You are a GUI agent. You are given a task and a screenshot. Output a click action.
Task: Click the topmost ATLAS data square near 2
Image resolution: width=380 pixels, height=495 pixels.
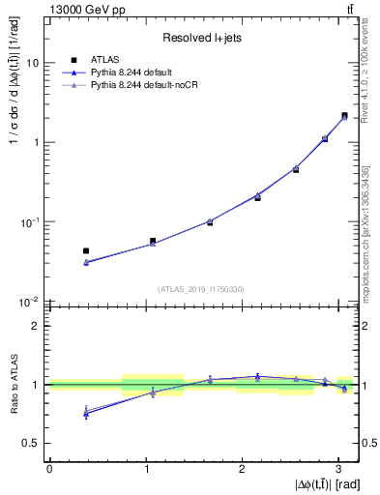[344, 116]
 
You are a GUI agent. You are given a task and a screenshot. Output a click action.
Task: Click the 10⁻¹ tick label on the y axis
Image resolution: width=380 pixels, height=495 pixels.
[30, 222]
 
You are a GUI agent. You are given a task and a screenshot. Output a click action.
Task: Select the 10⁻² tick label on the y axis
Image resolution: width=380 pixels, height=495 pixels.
[30, 302]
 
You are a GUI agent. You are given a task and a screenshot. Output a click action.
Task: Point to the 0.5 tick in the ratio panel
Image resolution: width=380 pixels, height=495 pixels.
[32, 443]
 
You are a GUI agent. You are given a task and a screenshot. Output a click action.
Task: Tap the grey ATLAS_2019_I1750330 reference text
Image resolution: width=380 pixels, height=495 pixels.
[202, 289]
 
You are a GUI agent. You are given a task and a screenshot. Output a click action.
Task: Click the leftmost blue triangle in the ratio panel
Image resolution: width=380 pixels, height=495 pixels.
[86, 414]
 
